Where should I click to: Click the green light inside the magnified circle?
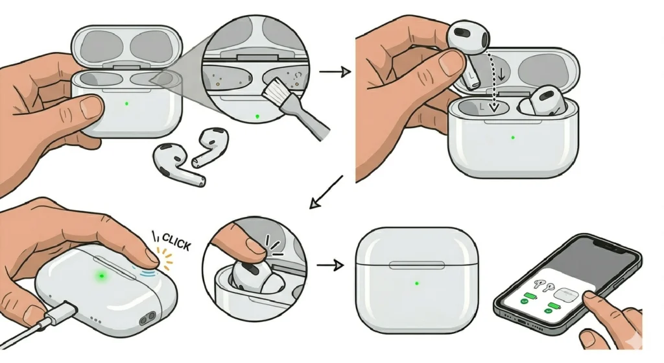pyautogui.click(x=258, y=116)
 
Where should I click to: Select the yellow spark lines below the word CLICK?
pyautogui.click(x=168, y=263)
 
